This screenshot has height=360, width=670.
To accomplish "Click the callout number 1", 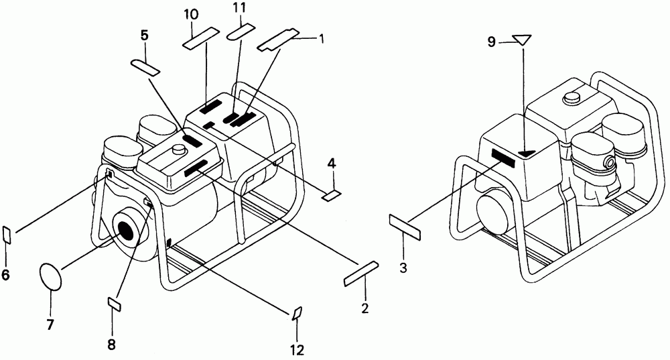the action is tap(321, 40).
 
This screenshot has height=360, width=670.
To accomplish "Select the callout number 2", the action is tap(364, 308).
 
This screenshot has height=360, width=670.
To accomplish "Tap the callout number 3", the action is tap(403, 268).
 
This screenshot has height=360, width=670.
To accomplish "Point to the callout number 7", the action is tap(50, 324).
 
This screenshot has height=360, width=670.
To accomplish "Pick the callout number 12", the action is tap(297, 350).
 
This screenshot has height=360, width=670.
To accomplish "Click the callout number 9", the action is tap(491, 42).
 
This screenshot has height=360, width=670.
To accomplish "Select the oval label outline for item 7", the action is tap(51, 276).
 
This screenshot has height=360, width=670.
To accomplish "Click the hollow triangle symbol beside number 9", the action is tap(522, 40).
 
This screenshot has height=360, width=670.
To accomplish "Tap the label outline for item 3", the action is tap(405, 227).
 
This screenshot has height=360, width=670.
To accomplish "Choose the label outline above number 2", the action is tap(362, 274).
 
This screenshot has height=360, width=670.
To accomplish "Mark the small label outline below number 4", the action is tap(332, 196).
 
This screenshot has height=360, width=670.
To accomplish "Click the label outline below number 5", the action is tap(145, 67).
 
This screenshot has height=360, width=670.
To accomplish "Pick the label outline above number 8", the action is tap(114, 305).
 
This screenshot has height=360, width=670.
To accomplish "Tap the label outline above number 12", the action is tap(297, 313).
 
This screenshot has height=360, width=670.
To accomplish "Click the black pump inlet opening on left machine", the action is tap(127, 231).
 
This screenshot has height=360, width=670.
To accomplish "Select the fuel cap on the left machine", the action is tap(180, 149).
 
